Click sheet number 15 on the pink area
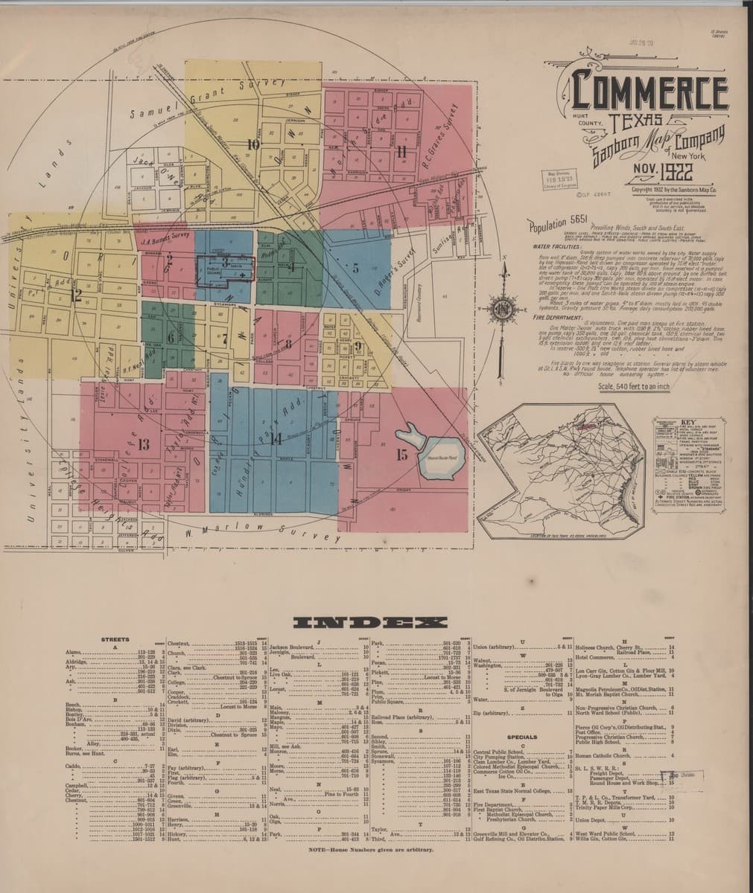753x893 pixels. click(x=401, y=455)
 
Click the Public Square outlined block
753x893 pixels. click(x=225, y=269)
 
